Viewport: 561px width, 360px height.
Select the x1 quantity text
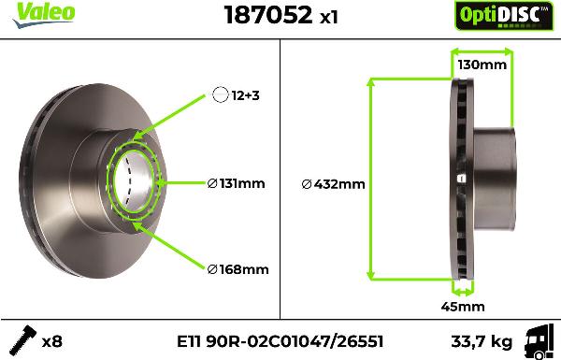tap(329, 17)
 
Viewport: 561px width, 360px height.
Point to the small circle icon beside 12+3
tap(221, 94)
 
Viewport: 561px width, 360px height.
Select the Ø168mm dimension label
tap(237, 269)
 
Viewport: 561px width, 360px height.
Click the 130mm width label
tap(482, 65)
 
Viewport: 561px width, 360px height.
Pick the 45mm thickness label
tap(462, 306)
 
